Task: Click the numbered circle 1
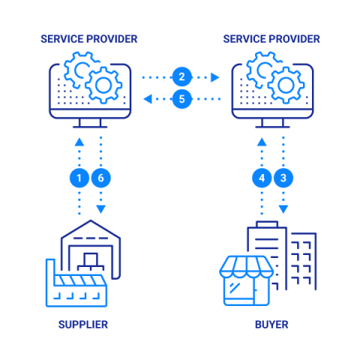click(x=79, y=178)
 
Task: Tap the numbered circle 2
click(x=182, y=76)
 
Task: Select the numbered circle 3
click(x=283, y=178)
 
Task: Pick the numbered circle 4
click(x=262, y=178)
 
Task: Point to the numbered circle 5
click(x=182, y=99)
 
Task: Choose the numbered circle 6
click(x=100, y=178)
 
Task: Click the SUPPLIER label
click(x=83, y=325)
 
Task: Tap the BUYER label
click(x=271, y=325)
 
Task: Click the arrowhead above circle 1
click(x=79, y=142)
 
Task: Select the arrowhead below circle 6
click(x=100, y=209)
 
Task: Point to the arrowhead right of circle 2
click(x=214, y=77)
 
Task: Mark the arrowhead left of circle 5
click(x=148, y=99)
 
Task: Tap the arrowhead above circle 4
click(x=262, y=142)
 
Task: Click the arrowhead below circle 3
click(x=283, y=209)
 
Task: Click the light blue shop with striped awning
click(x=246, y=280)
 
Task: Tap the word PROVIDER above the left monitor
click(x=112, y=39)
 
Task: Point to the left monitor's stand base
click(x=90, y=127)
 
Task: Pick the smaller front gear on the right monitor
click(x=286, y=85)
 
